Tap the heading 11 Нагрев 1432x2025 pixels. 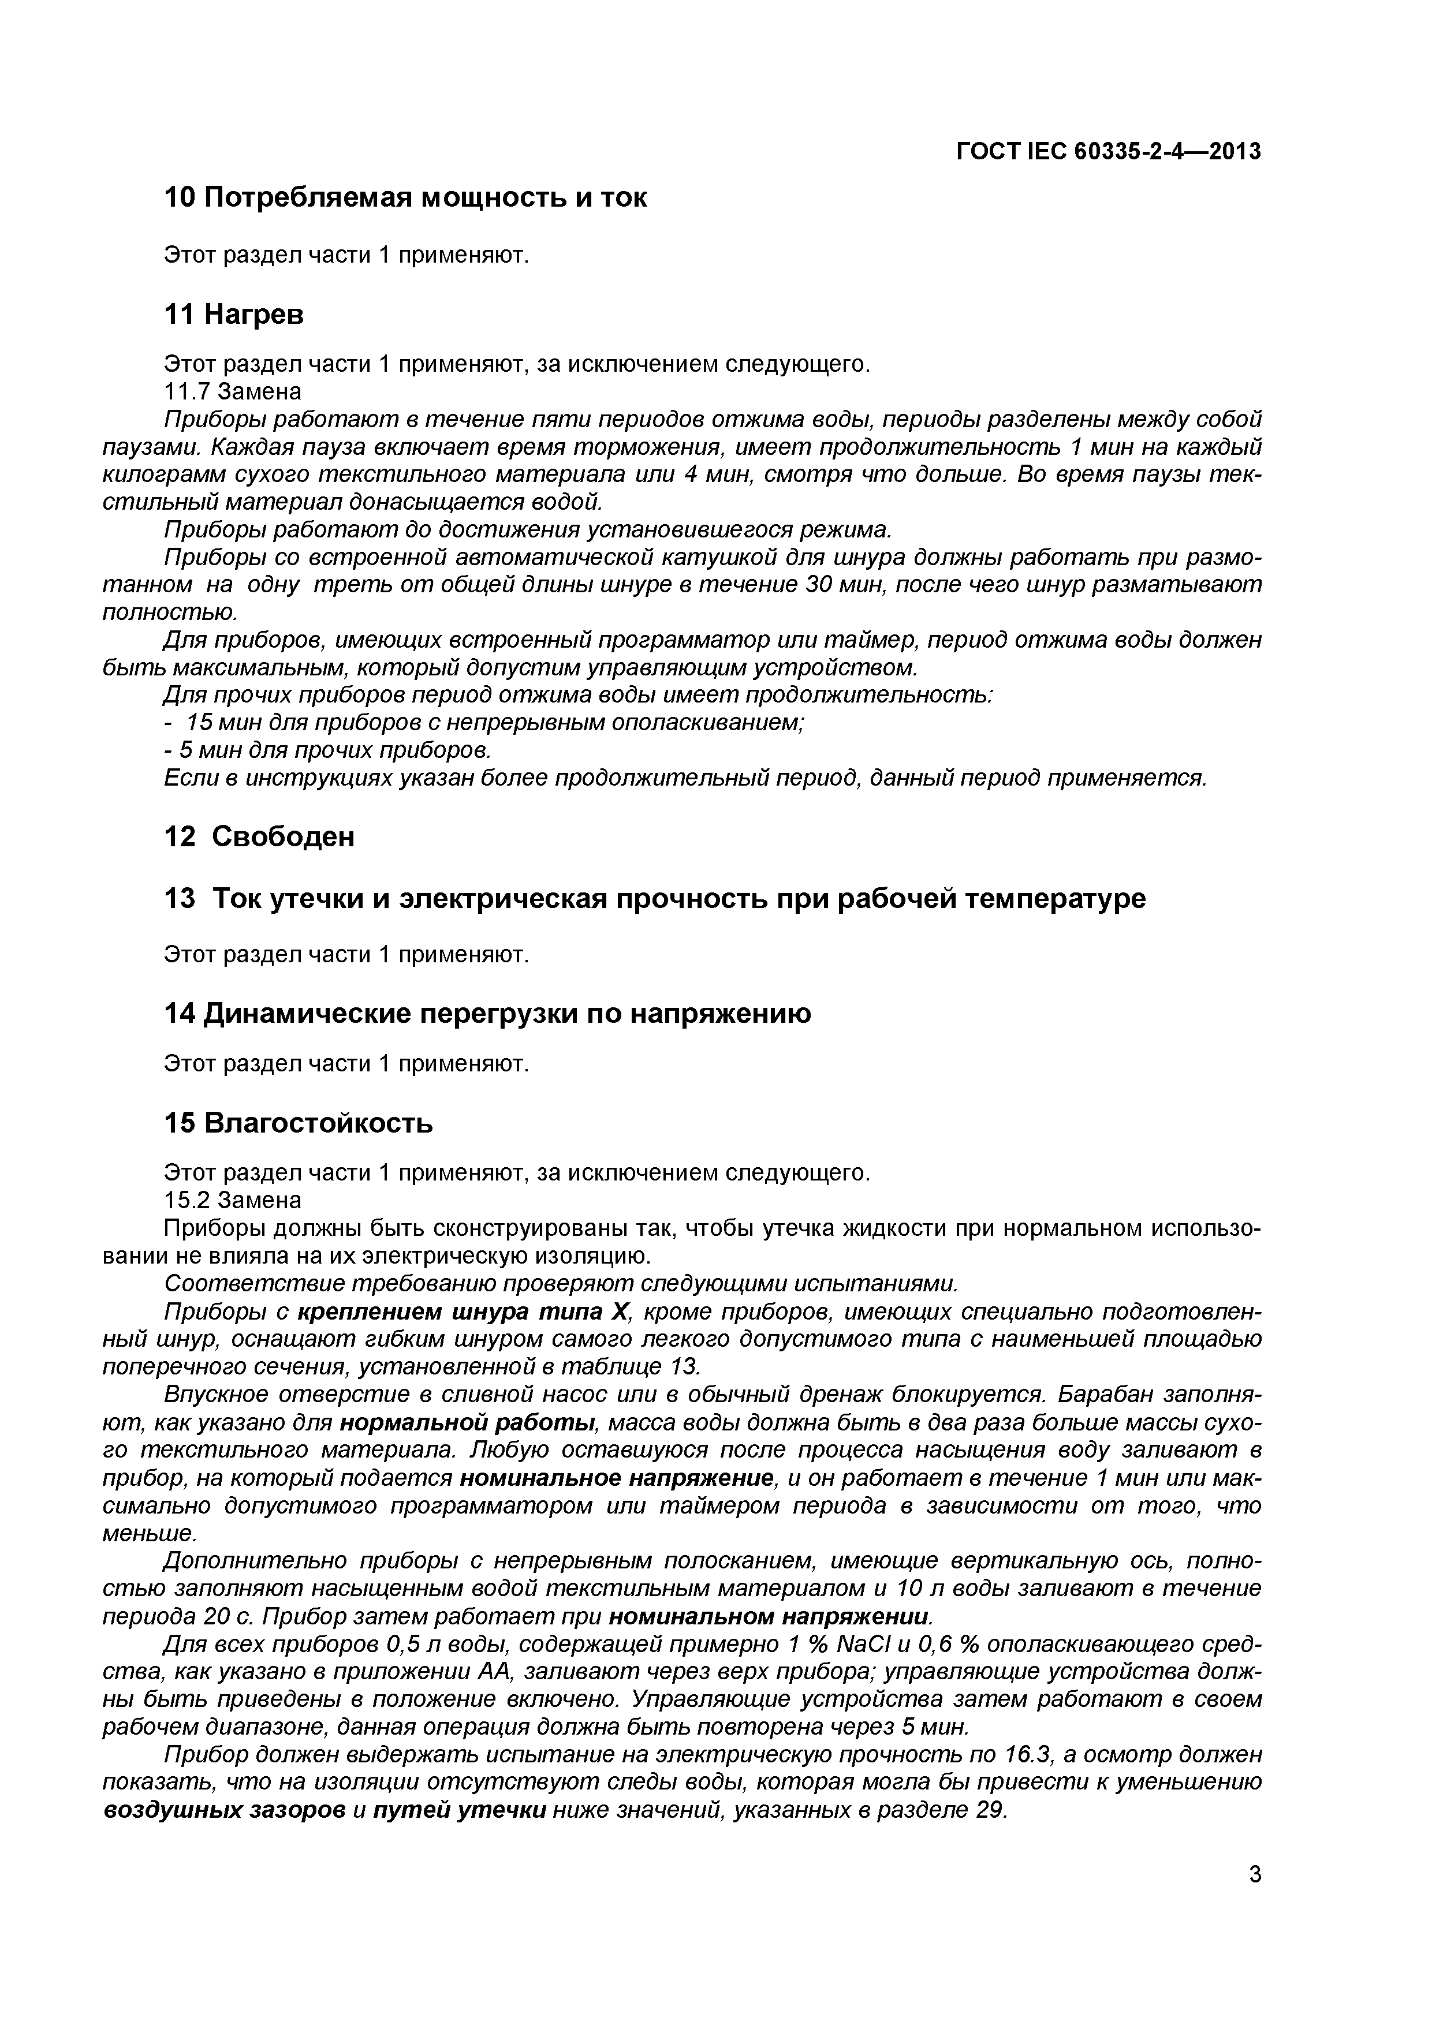(234, 314)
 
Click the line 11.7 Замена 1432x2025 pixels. (233, 391)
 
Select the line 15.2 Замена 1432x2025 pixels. (233, 1200)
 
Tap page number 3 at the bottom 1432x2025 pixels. (1255, 1900)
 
